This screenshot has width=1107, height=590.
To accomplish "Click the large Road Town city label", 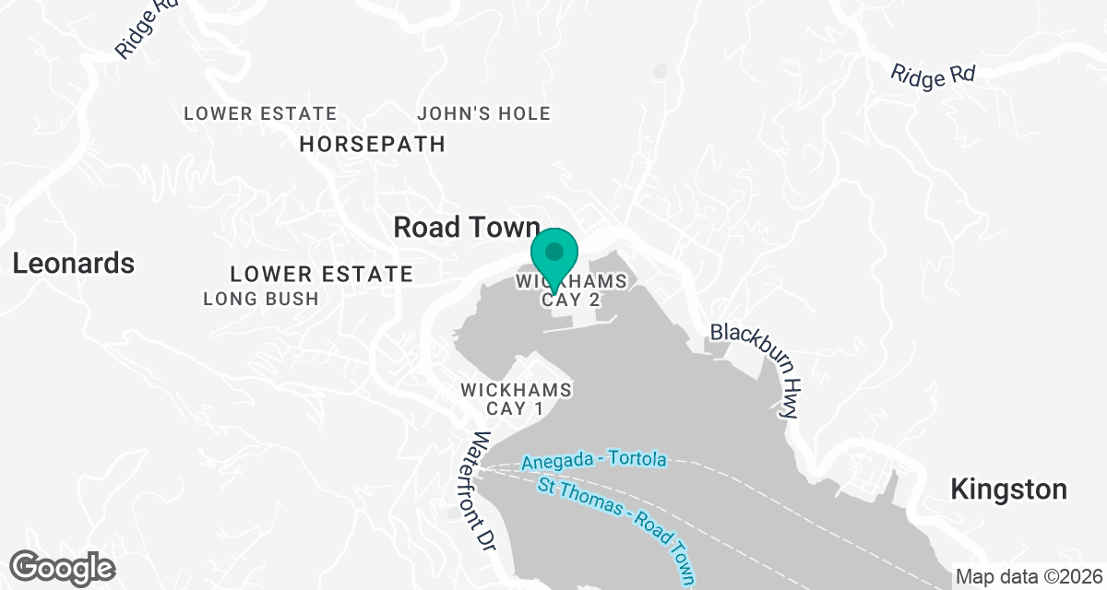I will pyautogui.click(x=466, y=228).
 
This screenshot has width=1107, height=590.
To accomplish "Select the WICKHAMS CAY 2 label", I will pyautogui.click(x=571, y=289).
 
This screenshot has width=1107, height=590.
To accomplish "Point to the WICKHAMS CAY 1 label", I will pyautogui.click(x=516, y=399).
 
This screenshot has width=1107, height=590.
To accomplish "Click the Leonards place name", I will pyautogui.click(x=74, y=264).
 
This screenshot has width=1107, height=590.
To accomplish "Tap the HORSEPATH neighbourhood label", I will pyautogui.click(x=373, y=144).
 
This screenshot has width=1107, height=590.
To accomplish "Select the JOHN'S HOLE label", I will pyautogui.click(x=483, y=114).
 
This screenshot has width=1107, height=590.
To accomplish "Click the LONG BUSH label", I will pyautogui.click(x=260, y=299).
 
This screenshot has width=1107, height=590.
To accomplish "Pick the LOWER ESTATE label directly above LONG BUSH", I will pyautogui.click(x=321, y=274).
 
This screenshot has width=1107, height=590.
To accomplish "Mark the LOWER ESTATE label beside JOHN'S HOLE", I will pyautogui.click(x=260, y=114).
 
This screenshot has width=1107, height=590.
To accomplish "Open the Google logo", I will pyautogui.click(x=63, y=566).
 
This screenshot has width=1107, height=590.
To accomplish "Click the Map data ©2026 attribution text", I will pyautogui.click(x=1029, y=577).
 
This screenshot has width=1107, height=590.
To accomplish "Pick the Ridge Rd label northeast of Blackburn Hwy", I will pyautogui.click(x=933, y=76).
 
